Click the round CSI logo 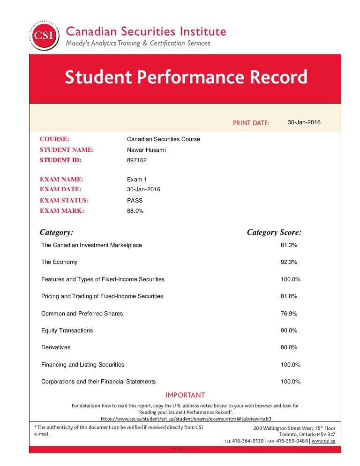(45, 35)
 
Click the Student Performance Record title (186, 77)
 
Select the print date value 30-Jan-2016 (304, 122)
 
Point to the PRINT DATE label (251, 123)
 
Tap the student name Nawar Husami (146, 150)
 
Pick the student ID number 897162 (137, 160)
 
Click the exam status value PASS (135, 200)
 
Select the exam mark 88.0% (135, 211)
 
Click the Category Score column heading (274, 233)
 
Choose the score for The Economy (289, 262)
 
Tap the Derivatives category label (56, 347)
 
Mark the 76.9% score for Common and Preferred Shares (289, 314)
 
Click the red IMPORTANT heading (185, 395)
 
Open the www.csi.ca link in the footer (323, 441)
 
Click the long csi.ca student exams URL (186, 418)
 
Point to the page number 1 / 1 (179, 450)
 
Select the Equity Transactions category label (67, 331)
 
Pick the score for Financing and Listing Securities (291, 365)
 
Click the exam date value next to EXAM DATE (143, 189)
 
